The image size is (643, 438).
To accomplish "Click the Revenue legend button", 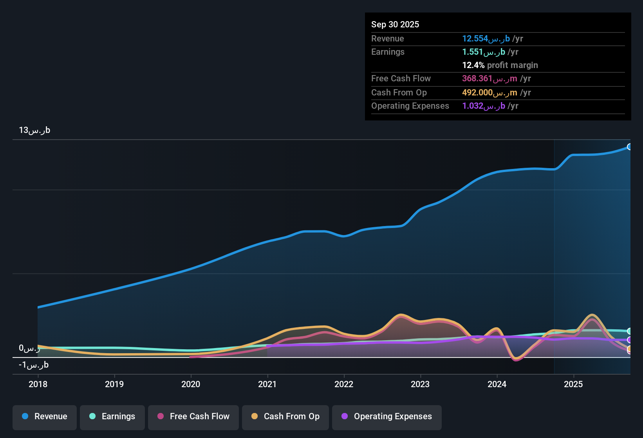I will (x=45, y=416).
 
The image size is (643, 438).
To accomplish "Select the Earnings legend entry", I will (x=112, y=416).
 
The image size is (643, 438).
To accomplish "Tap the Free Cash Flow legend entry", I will (x=193, y=416).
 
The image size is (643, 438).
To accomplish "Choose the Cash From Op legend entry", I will (x=285, y=416).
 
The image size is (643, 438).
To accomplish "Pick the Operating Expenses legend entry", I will (x=387, y=416).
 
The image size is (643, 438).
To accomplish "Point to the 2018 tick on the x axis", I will (x=38, y=384).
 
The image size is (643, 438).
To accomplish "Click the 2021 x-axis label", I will (x=267, y=384).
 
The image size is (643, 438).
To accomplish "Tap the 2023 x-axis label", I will (x=420, y=384).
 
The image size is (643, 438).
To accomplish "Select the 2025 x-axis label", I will (x=573, y=384).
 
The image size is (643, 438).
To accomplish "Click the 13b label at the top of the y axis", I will (x=34, y=130).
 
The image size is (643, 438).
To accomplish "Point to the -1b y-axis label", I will (x=34, y=365).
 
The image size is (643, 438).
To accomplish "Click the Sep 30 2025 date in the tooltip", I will (x=395, y=24).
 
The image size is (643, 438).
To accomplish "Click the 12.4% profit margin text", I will (x=500, y=65).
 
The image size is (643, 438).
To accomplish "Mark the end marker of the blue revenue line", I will (x=629, y=147).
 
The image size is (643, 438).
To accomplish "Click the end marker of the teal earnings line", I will (x=629, y=331).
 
